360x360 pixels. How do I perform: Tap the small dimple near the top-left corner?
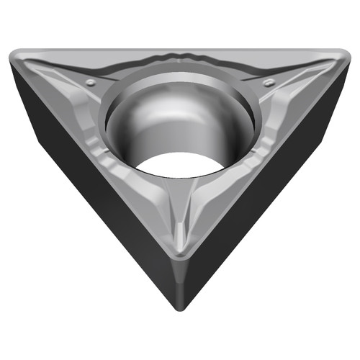click(x=89, y=83)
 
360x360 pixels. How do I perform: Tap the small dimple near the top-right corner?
click(x=269, y=83)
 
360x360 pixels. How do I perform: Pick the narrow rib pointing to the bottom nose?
click(x=180, y=216)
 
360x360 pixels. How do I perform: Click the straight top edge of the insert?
click(x=180, y=49)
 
